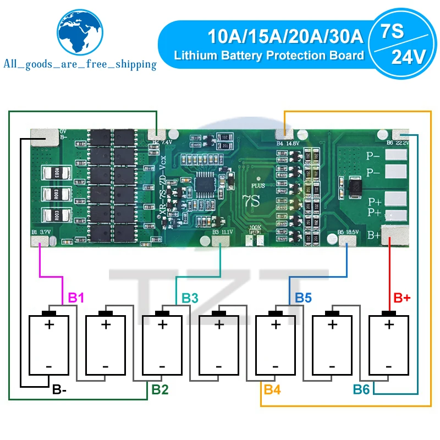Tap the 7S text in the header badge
pyautogui.click(x=392, y=32)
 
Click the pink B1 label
pyautogui.click(x=76, y=298)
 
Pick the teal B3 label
pyautogui.click(x=190, y=298)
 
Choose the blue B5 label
pyautogui.click(x=303, y=298)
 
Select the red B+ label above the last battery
pyautogui.click(x=403, y=298)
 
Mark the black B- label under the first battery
pyautogui.click(x=59, y=391)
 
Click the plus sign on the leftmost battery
pyautogui.click(x=49, y=324)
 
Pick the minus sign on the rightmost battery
pyautogui.click(x=389, y=366)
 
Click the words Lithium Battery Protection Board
pyautogui.click(x=269, y=55)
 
